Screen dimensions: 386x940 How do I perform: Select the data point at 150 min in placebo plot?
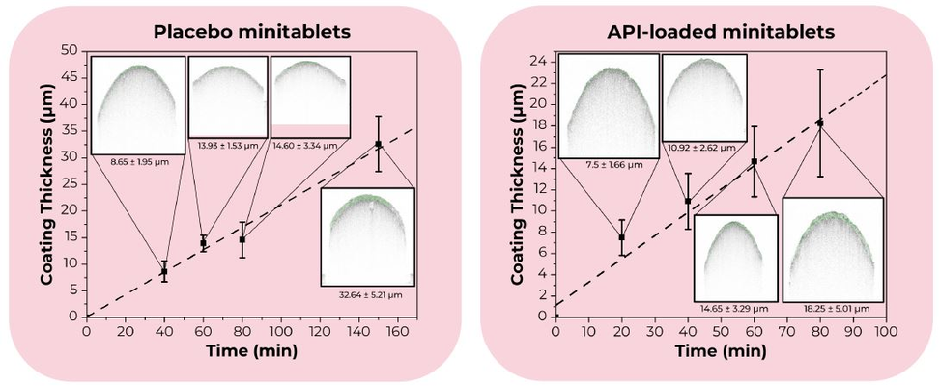pyautogui.click(x=378, y=144)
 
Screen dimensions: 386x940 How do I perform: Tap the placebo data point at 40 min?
pyautogui.click(x=164, y=271)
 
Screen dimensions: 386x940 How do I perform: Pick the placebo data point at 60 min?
pyautogui.click(x=203, y=243)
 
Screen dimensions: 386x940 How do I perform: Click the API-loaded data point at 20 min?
pyautogui.click(x=621, y=237)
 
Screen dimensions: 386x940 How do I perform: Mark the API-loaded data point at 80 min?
pyautogui.click(x=819, y=123)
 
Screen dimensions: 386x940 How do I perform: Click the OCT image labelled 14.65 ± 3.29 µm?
pyautogui.click(x=734, y=257)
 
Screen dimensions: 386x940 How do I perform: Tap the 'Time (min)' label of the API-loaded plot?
pyautogui.click(x=720, y=350)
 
